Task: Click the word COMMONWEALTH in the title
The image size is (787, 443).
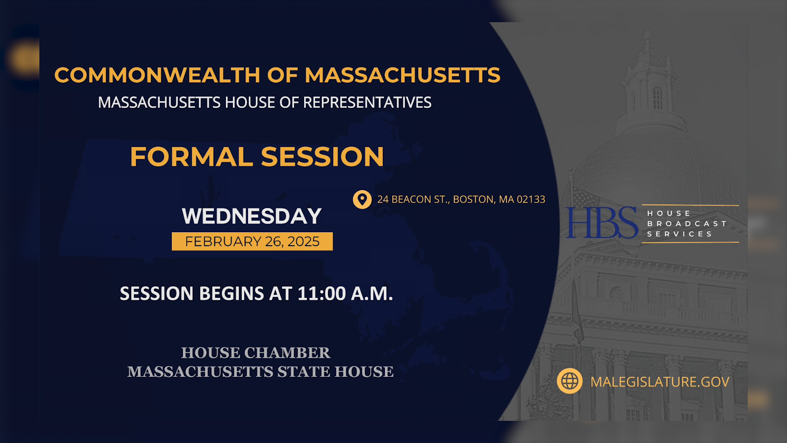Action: pyautogui.click(x=157, y=75)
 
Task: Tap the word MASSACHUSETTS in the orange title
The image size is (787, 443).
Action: pyautogui.click(x=402, y=75)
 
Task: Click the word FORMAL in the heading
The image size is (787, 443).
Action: pyautogui.click(x=191, y=157)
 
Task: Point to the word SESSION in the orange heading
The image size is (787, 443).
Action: pyautogui.click(x=322, y=157)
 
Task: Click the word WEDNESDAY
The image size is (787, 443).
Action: pyautogui.click(x=252, y=216)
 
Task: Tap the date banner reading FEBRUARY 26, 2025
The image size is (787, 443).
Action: pyautogui.click(x=252, y=242)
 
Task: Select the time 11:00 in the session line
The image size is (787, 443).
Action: pyautogui.click(x=322, y=294)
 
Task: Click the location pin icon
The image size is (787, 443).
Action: pyautogui.click(x=362, y=199)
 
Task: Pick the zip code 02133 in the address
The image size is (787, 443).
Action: pyautogui.click(x=531, y=199)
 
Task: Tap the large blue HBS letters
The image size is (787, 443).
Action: pyautogui.click(x=601, y=223)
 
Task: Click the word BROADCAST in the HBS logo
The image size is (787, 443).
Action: pyautogui.click(x=687, y=224)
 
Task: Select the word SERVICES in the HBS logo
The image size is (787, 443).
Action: pyautogui.click(x=680, y=234)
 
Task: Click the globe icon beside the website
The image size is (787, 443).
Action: pyautogui.click(x=569, y=381)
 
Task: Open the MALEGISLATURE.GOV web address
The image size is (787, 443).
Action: pyautogui.click(x=660, y=382)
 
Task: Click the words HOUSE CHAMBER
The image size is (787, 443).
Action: pyautogui.click(x=255, y=353)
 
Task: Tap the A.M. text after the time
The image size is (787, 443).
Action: pyautogui.click(x=372, y=294)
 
